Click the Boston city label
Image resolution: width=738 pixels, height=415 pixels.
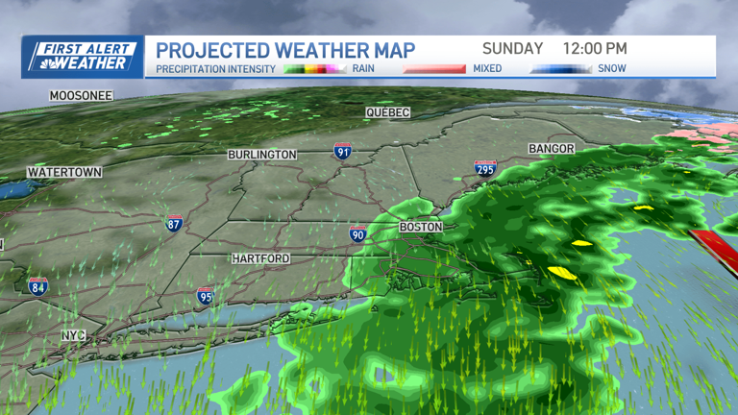tap(421, 228)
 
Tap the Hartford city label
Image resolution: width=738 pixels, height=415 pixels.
tap(260, 259)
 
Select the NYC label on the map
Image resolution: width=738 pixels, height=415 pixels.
tap(74, 335)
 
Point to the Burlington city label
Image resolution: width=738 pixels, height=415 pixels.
tap(262, 155)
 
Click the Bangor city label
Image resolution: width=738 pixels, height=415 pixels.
tap(552, 149)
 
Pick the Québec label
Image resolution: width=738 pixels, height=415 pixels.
tap(387, 112)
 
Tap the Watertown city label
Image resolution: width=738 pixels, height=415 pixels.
tap(64, 172)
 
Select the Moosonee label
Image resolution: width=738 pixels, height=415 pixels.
tap(82, 96)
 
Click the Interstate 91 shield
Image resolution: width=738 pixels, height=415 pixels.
tap(342, 152)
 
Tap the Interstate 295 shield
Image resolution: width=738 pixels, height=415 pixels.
tap(485, 169)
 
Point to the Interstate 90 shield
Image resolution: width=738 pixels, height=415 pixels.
tap(357, 233)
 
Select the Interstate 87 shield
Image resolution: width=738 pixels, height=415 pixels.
tap(174, 223)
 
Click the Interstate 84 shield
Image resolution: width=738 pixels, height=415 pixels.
tap(38, 285)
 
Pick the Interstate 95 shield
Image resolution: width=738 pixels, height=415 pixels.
tap(206, 296)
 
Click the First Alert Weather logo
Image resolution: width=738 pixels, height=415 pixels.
tap(83, 56)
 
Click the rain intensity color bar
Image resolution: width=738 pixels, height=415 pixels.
tap(314, 69)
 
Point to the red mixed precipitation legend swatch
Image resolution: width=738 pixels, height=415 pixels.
tap(434, 69)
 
